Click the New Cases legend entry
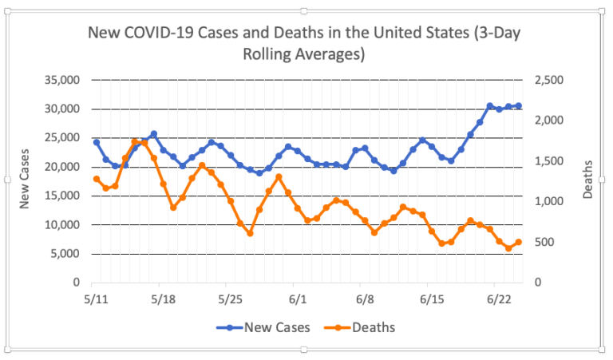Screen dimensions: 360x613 [263, 327]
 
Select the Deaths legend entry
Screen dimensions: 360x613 [364, 327]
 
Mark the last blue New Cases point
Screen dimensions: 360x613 [518, 105]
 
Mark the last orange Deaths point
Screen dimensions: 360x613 [518, 242]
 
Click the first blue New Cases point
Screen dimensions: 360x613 [96, 142]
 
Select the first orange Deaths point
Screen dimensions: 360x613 [96, 179]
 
